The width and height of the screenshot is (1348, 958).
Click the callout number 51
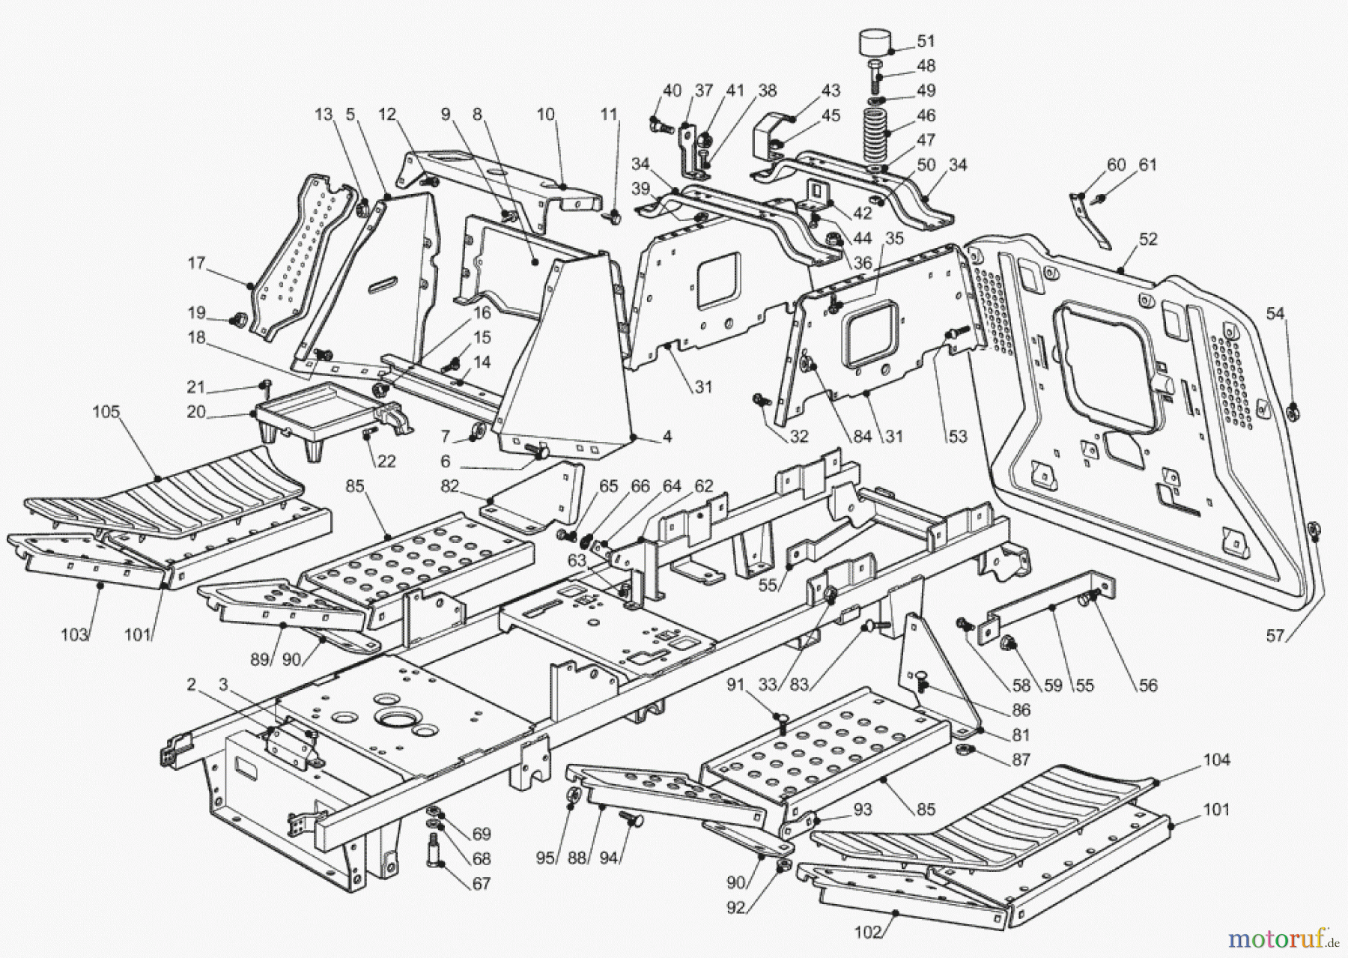[926, 41]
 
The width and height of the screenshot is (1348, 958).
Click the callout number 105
[106, 413]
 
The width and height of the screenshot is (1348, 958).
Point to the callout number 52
[1148, 239]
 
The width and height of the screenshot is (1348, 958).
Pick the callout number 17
[196, 264]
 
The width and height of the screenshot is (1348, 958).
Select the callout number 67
[481, 884]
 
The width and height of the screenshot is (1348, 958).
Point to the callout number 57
[1275, 636]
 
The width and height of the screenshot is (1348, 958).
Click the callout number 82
[449, 486]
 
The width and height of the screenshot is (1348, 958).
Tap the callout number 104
[1216, 760]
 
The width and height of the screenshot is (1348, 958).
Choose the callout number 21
[195, 387]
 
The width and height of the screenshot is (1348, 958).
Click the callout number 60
[1116, 165]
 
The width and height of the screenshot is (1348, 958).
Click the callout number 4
[667, 437]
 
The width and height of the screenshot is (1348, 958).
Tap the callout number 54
[1275, 314]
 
